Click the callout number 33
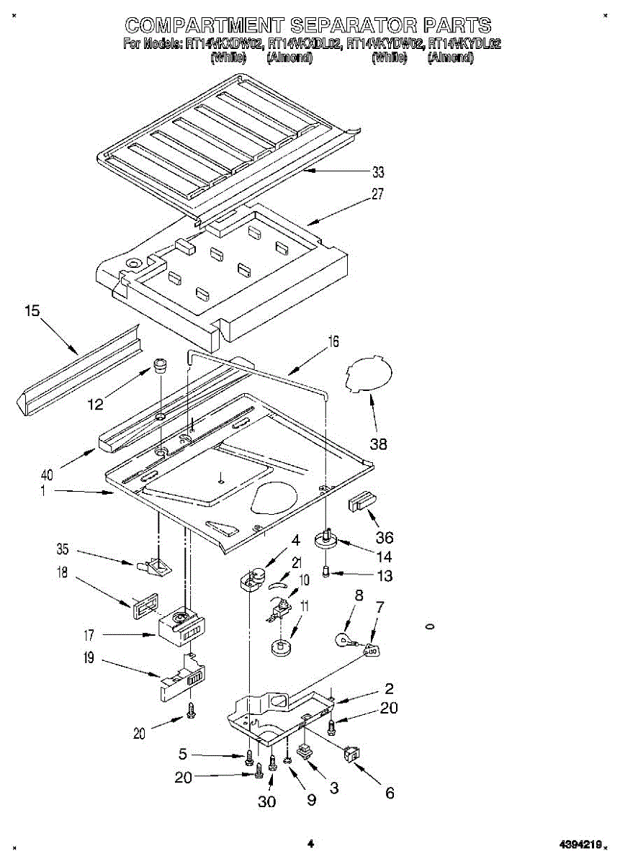click(x=378, y=173)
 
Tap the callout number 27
click(x=378, y=194)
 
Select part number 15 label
click(x=32, y=311)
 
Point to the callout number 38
click(x=378, y=444)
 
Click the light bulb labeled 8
click(x=345, y=638)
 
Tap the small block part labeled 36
click(x=361, y=501)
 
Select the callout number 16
click(x=333, y=342)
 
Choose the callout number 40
click(x=47, y=475)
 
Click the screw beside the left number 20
click(x=190, y=710)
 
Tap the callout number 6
click(x=390, y=793)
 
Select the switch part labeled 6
click(x=353, y=753)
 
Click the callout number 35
click(x=63, y=550)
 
